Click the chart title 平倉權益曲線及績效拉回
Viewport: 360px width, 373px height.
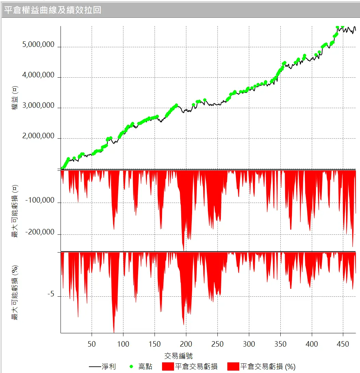(53, 10)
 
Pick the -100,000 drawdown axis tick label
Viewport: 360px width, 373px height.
(40, 201)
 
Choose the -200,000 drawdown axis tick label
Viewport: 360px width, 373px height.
(40, 232)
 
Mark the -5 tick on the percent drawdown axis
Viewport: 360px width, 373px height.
(51, 295)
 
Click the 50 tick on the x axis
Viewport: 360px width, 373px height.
(92, 344)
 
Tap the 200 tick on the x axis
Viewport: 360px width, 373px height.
(186, 344)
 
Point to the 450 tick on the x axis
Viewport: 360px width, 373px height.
(343, 344)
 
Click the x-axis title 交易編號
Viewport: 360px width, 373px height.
(178, 356)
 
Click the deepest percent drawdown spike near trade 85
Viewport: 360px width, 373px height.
(114, 331)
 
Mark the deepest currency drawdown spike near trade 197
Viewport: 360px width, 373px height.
(184, 250)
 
